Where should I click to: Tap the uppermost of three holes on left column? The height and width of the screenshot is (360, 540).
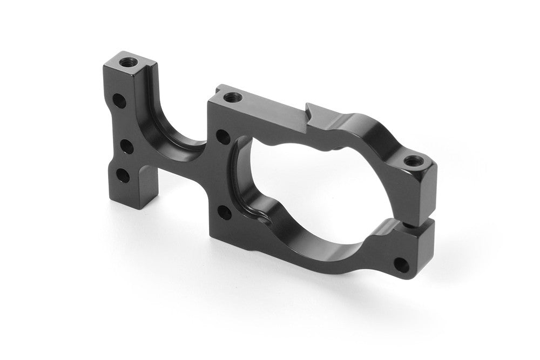(118, 100)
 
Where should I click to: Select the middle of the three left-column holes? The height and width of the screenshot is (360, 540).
(123, 146)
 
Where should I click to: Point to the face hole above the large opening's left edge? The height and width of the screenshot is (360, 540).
(220, 135)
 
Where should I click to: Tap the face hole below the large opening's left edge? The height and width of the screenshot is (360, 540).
(224, 213)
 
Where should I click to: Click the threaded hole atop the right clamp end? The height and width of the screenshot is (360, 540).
(413, 160)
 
